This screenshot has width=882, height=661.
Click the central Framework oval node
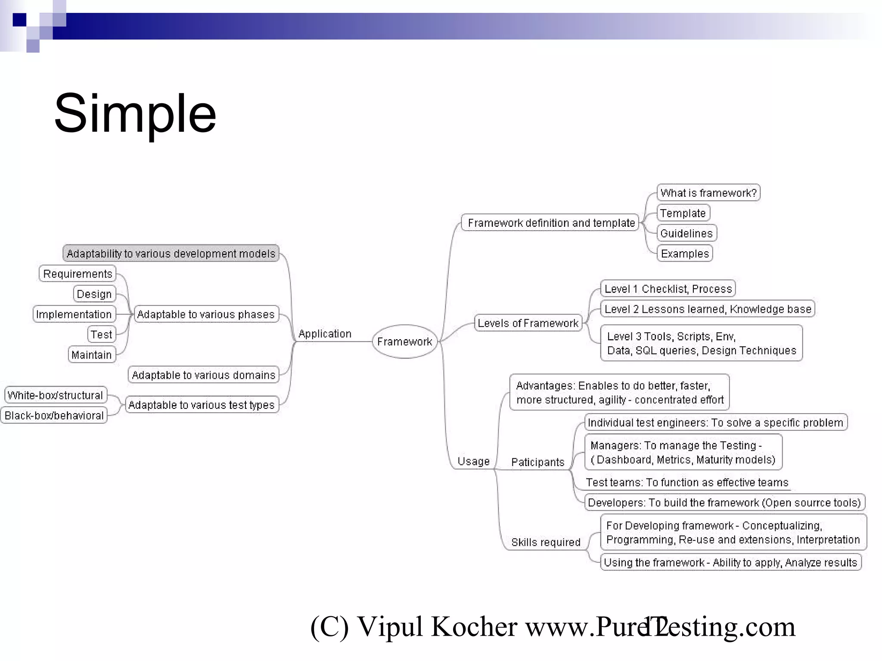click(x=404, y=341)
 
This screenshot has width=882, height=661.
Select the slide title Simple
click(x=135, y=114)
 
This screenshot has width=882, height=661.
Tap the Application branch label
click(x=325, y=334)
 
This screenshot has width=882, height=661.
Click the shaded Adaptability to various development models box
click(x=171, y=253)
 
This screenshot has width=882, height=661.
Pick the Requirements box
click(x=78, y=274)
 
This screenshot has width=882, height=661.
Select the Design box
click(x=94, y=294)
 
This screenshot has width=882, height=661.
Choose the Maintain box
click(x=92, y=355)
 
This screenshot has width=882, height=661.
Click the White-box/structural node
click(x=55, y=395)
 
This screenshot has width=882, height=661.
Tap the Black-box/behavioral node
click(x=54, y=415)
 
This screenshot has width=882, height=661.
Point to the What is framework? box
click(x=708, y=192)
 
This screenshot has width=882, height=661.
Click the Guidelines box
click(x=686, y=233)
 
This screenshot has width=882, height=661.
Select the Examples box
click(x=685, y=253)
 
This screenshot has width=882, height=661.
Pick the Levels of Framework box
click(x=528, y=323)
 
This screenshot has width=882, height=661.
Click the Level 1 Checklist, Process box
click(x=668, y=288)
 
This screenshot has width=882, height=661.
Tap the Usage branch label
click(x=473, y=461)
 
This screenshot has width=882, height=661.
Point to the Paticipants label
click(x=537, y=462)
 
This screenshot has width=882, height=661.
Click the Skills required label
click(x=546, y=542)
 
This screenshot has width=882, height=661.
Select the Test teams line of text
click(x=687, y=482)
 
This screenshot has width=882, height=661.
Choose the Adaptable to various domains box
click(x=203, y=375)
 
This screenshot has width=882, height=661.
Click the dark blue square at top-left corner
click(x=19, y=20)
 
